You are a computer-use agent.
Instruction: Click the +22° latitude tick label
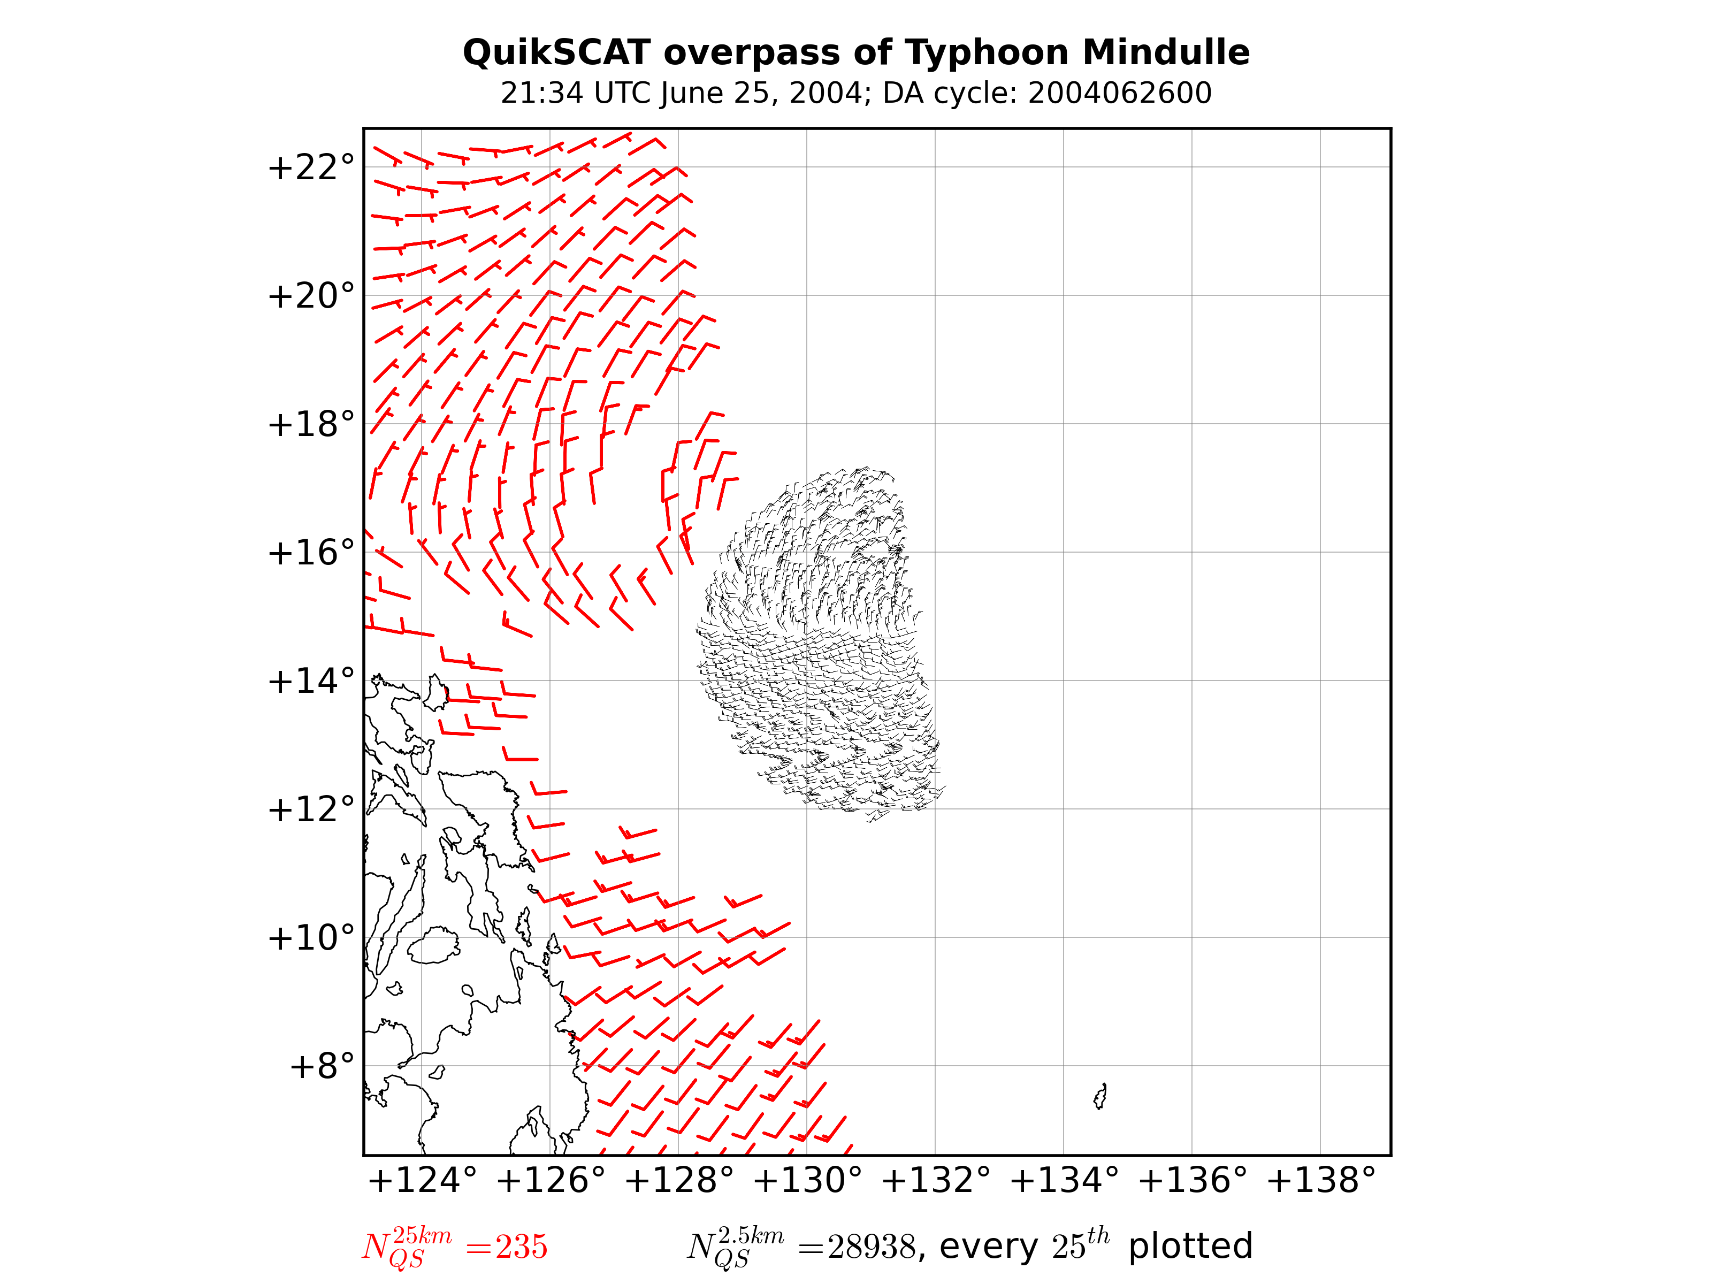click(310, 167)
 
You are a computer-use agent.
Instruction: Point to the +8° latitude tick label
click(321, 1066)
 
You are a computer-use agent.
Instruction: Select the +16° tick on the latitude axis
click(310, 553)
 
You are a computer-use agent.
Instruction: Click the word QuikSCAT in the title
click(556, 52)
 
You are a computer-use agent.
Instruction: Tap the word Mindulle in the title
click(1166, 52)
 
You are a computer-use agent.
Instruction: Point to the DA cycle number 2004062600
click(1119, 94)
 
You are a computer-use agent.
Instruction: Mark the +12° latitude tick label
click(310, 809)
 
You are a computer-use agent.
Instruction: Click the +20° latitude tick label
click(310, 296)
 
